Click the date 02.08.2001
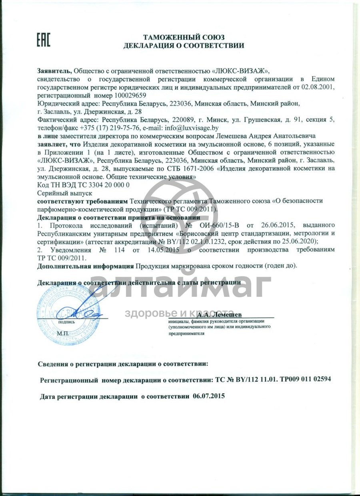coord(318,87)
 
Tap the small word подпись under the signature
coord(66,321)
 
